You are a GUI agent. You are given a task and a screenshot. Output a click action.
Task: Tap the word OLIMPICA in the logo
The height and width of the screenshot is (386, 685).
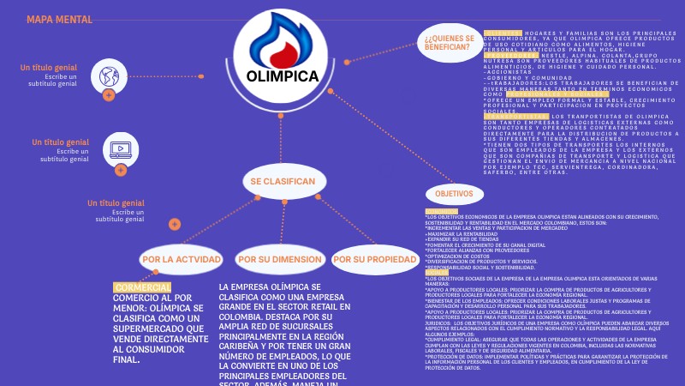point(282,76)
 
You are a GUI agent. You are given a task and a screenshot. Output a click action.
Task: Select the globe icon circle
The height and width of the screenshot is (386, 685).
point(109,75)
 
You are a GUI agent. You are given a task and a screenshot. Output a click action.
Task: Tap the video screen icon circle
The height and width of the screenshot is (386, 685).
point(120,150)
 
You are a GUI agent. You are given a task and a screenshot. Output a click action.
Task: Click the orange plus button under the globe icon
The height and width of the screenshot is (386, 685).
point(109,95)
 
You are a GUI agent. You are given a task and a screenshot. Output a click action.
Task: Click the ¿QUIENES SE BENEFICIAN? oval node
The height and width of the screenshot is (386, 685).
point(446,43)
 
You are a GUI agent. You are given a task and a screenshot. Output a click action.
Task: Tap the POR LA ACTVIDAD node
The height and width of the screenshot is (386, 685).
point(176,259)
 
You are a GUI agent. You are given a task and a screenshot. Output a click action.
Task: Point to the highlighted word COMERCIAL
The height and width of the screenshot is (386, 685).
point(142,287)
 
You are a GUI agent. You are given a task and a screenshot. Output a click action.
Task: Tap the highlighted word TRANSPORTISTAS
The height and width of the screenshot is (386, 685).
point(515,117)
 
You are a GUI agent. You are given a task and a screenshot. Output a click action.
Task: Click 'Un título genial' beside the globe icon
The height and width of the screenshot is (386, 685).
point(48,67)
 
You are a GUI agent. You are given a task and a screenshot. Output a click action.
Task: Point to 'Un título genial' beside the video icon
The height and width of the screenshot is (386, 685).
point(60,142)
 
